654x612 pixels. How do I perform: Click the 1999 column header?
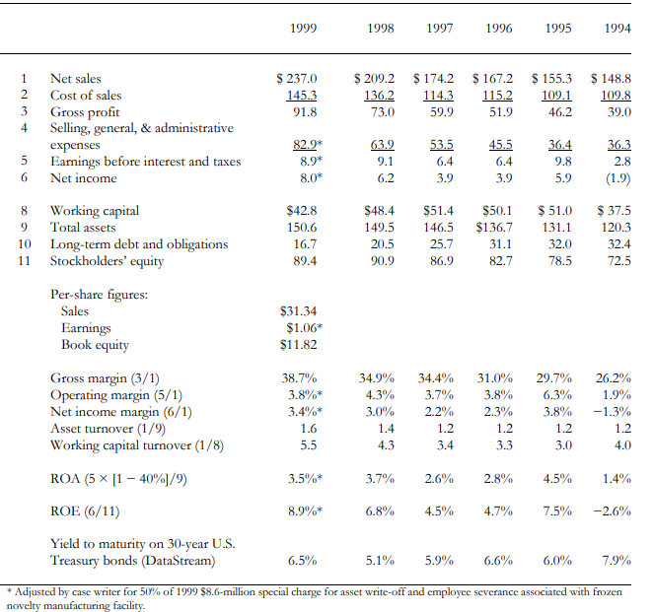(x=305, y=29)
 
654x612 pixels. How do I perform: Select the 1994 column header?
(x=618, y=29)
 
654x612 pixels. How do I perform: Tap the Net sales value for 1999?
(x=296, y=79)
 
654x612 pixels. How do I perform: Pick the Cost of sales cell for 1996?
(x=495, y=96)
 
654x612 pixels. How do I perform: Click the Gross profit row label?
(x=84, y=111)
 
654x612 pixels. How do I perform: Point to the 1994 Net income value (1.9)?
(x=616, y=178)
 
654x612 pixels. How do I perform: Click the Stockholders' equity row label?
(x=108, y=260)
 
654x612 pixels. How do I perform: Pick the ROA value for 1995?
(x=557, y=479)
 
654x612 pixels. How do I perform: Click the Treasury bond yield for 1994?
(x=616, y=561)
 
